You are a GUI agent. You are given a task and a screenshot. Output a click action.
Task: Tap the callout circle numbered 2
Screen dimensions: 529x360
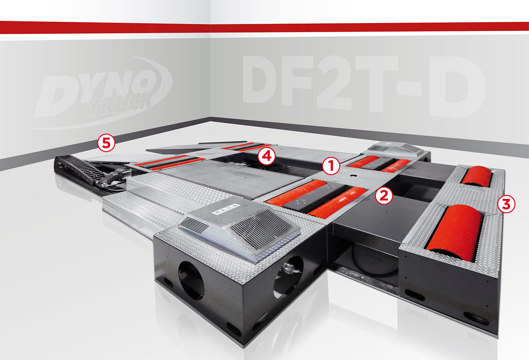click(x=384, y=195)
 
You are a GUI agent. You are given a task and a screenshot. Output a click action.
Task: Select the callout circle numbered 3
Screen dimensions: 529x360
click(x=506, y=204)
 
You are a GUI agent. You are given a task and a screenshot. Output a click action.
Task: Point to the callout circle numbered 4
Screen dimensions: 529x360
click(x=266, y=156)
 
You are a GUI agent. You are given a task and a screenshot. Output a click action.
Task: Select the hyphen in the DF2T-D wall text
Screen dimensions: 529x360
click(x=409, y=89)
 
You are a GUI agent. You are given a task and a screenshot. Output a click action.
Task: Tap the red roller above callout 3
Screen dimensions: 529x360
click(x=477, y=176)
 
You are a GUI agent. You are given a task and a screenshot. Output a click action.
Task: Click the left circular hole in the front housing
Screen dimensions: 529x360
click(x=191, y=281)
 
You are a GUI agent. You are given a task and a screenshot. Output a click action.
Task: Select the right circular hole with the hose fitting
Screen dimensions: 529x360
click(x=289, y=277)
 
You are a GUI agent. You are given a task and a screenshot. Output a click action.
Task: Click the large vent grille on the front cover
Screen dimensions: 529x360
click(x=261, y=229)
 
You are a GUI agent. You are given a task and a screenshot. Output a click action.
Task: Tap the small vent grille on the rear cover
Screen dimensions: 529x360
click(x=379, y=149)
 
